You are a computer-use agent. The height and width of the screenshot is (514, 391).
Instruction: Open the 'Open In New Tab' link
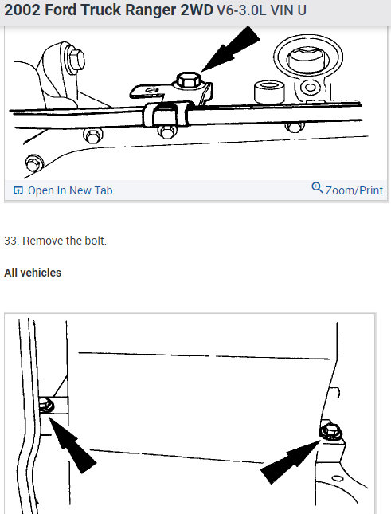click(x=70, y=190)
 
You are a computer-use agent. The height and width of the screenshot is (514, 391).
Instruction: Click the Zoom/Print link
click(x=354, y=190)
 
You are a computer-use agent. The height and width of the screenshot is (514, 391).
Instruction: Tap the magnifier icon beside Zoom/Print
click(x=317, y=189)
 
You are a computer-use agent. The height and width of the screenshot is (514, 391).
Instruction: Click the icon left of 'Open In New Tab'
click(x=18, y=190)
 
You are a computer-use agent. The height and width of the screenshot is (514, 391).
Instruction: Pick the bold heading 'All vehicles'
click(x=33, y=273)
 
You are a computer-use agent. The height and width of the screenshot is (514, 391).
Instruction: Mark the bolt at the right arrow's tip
click(x=326, y=431)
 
